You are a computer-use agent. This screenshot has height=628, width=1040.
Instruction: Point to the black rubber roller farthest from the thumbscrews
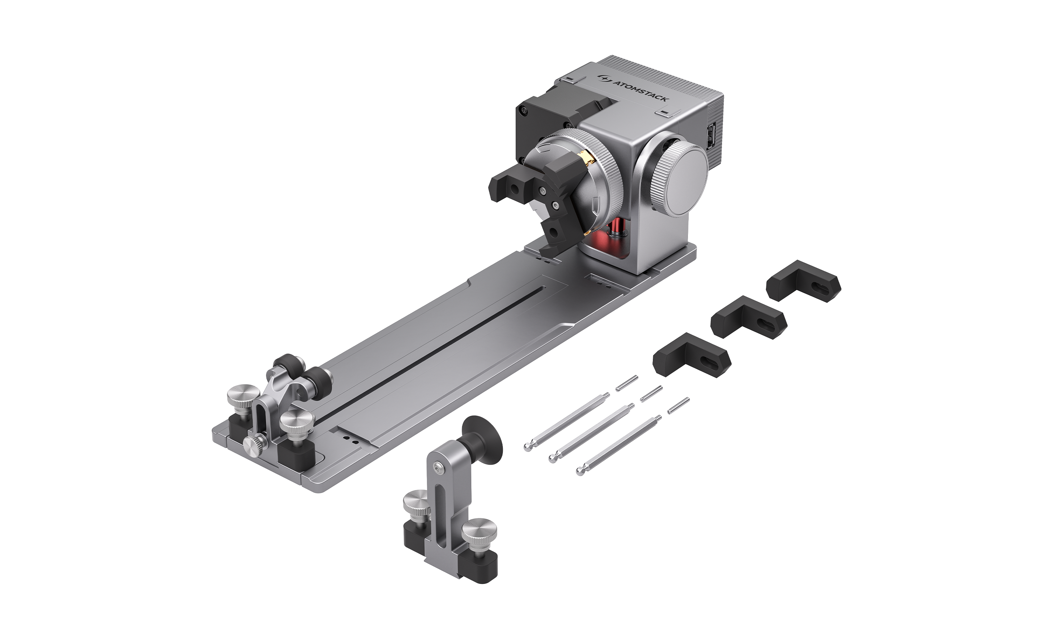coord(287,363)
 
